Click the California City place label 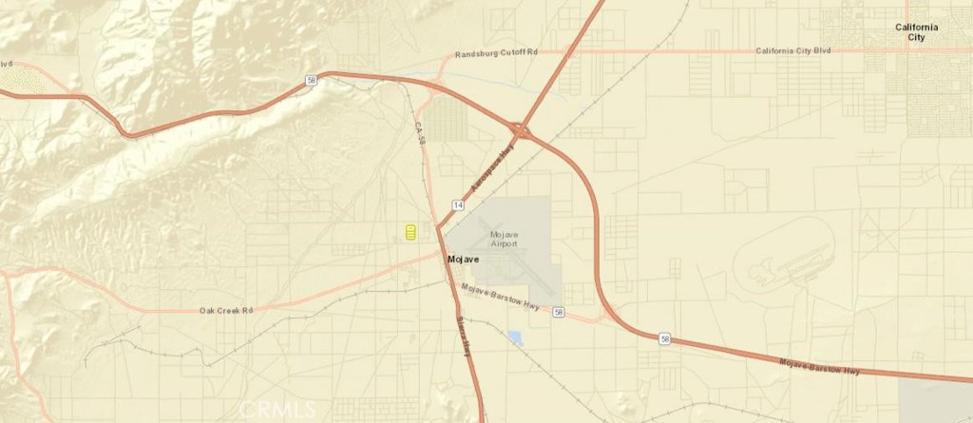click(916, 32)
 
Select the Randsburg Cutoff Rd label click(495, 54)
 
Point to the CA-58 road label click(420, 133)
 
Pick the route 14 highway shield click(458, 205)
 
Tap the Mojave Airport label click(504, 239)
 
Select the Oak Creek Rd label click(226, 310)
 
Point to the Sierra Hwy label click(465, 335)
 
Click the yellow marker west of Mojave click(410, 233)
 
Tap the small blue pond click(515, 336)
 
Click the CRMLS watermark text click(277, 410)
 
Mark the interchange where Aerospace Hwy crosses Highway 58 click(522, 130)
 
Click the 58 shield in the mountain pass click(312, 82)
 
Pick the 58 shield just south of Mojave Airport click(559, 313)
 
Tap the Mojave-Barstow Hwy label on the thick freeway click(819, 367)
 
